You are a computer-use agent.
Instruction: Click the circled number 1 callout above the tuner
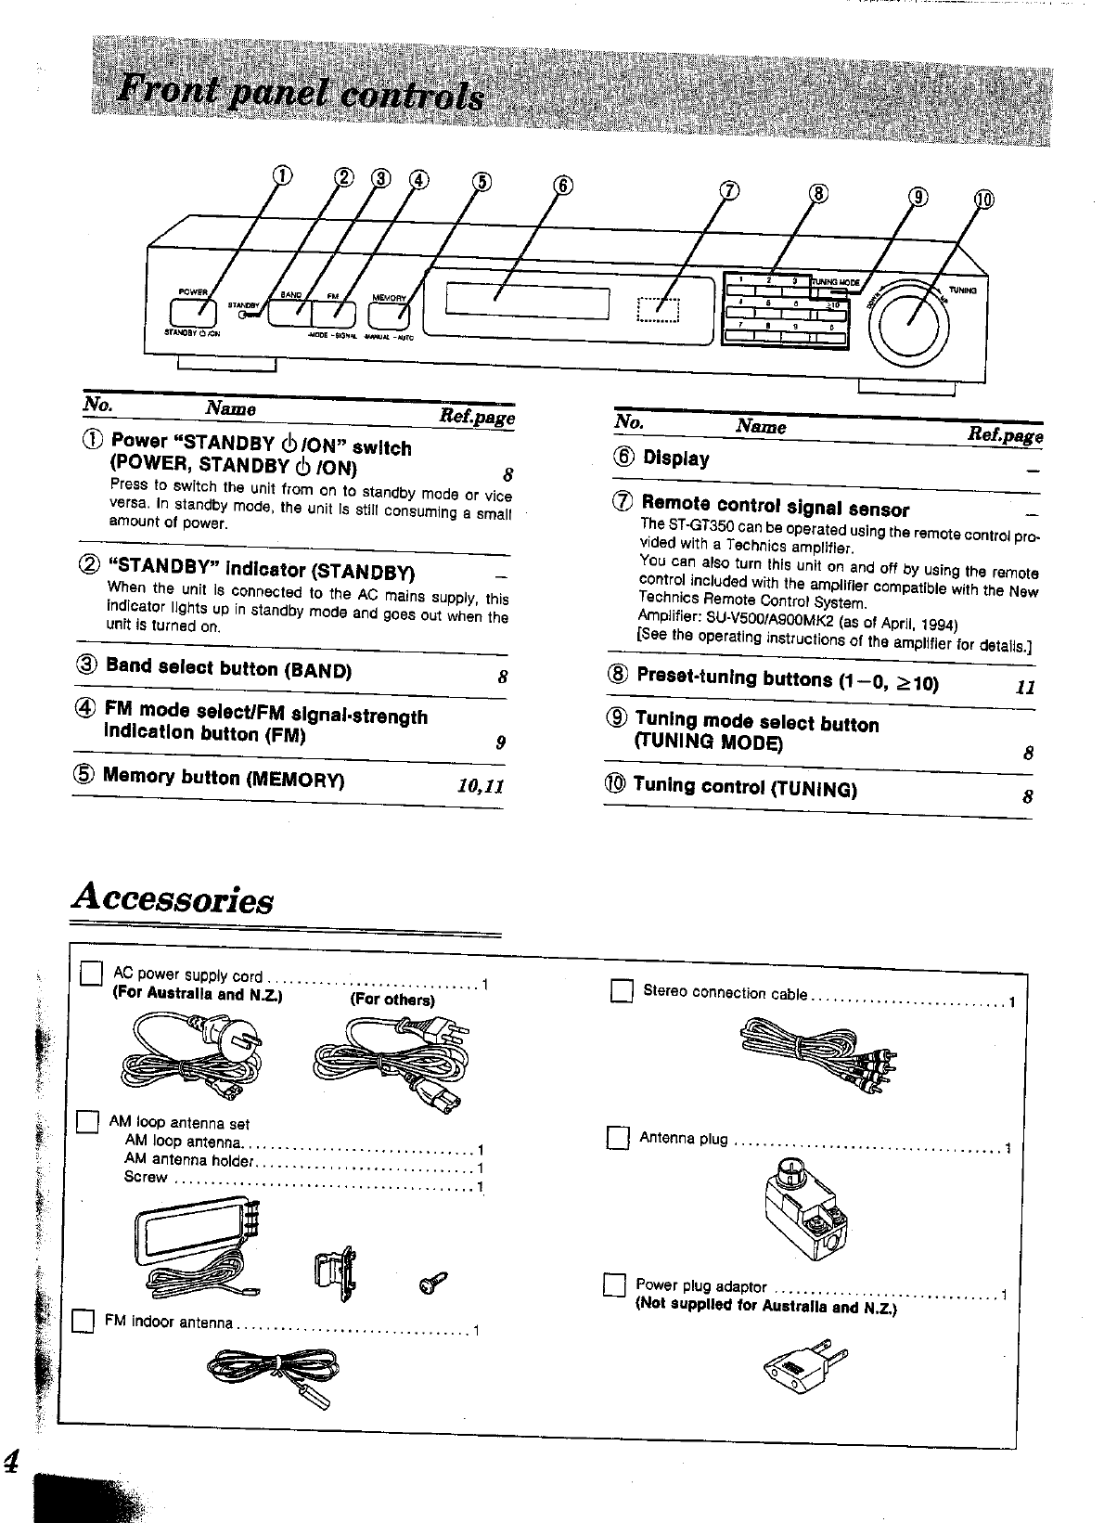pos(282,175)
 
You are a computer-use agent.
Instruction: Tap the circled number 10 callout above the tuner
pos(983,200)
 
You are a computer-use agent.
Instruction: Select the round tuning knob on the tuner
pos(909,316)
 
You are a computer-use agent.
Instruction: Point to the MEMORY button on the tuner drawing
pos(391,313)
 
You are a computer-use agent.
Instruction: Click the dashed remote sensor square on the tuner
pos(660,309)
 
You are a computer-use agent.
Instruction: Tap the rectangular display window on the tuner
pos(527,302)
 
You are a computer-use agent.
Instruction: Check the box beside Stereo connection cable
pos(621,992)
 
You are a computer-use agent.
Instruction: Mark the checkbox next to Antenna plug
pos(617,1137)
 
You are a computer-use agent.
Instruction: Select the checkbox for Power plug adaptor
pos(613,1285)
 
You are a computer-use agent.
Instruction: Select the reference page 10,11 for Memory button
pos(480,786)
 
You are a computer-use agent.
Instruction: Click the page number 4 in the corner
pos(12,1463)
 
